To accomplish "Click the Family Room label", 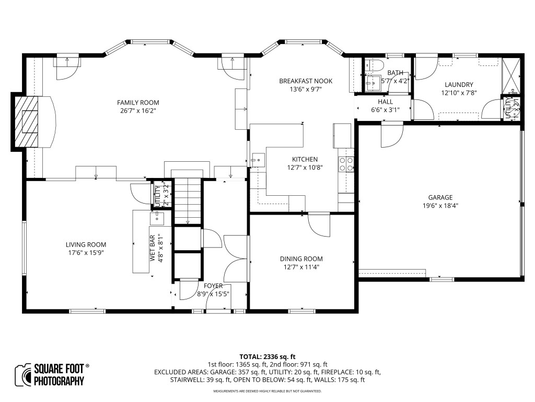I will pos(138,103).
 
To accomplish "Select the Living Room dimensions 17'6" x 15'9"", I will pos(86,253).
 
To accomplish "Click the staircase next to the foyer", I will pos(188,202).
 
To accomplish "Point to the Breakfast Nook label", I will pos(306,81).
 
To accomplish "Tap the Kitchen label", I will pos(305,160).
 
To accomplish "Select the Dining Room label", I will pos(301,259).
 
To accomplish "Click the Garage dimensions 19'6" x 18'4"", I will pos(440,206).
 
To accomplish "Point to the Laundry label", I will pos(459,85).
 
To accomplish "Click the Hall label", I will pos(385,102).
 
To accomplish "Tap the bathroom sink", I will pos(373,82).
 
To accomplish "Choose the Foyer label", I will pos(213,286).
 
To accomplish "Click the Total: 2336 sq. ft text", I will pos(267,355).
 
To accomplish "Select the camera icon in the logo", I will pos(24,374).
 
